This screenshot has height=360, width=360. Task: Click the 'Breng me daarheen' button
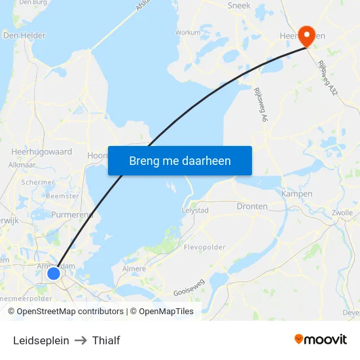click(180, 160)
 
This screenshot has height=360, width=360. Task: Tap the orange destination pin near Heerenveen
click(306, 36)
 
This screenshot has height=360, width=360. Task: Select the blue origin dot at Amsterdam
click(54, 272)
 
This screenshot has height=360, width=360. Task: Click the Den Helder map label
click(24, 35)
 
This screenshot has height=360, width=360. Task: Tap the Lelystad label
click(194, 210)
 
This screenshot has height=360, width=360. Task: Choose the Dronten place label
click(252, 206)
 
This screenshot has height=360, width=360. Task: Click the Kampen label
click(297, 194)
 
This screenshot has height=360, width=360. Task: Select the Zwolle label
click(342, 213)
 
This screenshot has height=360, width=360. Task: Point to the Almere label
click(134, 269)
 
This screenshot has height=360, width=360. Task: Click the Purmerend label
click(72, 215)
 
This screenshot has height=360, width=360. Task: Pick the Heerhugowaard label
click(41, 151)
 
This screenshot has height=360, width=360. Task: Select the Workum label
click(188, 32)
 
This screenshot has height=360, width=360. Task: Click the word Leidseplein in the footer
click(41, 340)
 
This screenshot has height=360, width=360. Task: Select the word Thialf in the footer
click(106, 340)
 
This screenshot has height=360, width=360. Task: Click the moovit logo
click(320, 339)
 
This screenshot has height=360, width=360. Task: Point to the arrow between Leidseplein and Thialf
click(81, 340)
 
